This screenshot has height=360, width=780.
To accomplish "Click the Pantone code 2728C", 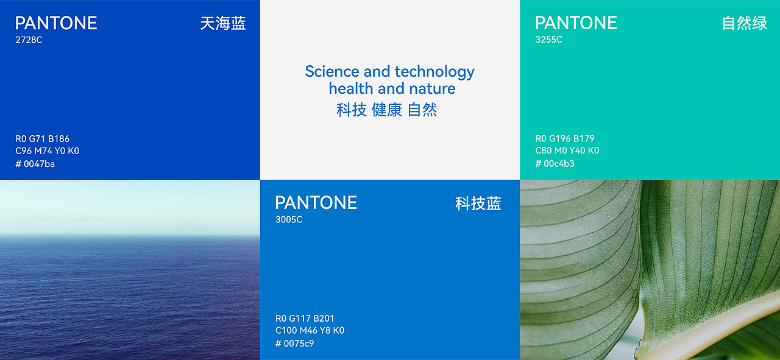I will pos(29,40).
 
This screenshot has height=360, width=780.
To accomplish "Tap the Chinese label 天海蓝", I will pos(222,24).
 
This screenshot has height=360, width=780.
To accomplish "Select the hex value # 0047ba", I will pos(35,164).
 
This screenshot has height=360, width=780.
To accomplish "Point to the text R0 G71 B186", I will pos(43,139).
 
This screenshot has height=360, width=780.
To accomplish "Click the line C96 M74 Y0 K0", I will pos(48,151).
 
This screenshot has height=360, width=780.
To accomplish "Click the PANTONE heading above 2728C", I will pos(56,23).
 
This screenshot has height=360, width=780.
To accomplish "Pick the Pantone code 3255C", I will pos(548,40).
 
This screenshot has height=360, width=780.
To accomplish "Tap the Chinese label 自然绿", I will pos(744,24).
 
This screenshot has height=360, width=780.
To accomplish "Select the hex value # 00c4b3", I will pos(555,164).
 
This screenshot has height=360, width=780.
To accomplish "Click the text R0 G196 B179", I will pos(565,139).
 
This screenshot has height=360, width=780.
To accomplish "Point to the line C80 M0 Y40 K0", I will pos(567,151).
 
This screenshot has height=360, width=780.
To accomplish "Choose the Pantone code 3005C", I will pos(289,220).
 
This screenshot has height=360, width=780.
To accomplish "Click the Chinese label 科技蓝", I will pos(478,203).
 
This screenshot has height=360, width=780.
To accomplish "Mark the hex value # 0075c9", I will pos(294,344).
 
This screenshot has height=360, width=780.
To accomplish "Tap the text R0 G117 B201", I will pos(305,319).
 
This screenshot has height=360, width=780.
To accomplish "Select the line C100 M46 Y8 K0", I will pos(310,331).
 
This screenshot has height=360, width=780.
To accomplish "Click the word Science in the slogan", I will pos(332,72).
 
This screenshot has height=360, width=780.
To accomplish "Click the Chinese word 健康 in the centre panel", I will pos(387,110).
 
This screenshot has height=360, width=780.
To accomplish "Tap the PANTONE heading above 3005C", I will pos(316,203).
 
